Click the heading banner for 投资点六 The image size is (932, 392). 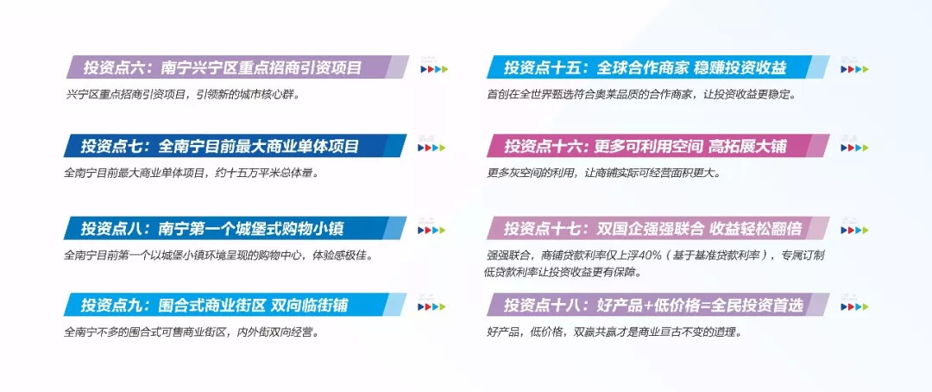pos(237,67)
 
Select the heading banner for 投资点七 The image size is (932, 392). pos(236,146)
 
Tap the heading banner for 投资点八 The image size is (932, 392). pos(236,228)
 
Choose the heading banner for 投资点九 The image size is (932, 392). pos(236,305)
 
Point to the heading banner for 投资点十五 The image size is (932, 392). pos(658,67)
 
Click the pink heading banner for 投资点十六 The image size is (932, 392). pos(658,146)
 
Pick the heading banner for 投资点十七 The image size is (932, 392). pos(658,228)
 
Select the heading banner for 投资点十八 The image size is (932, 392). pos(658,305)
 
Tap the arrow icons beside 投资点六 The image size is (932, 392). pos(434,69)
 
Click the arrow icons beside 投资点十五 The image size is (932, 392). pos(854,69)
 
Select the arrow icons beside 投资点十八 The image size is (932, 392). pos(854,307)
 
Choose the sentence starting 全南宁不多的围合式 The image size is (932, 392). pos(192,332)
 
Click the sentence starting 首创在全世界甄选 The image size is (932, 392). pos(641,95)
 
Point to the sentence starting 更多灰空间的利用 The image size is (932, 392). pos(604,174)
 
